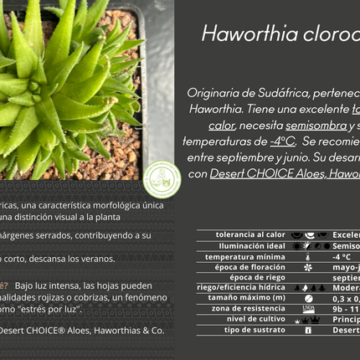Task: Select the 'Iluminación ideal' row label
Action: (x=252, y=246)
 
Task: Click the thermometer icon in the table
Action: (x=308, y=256)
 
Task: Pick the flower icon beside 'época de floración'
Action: (x=308, y=267)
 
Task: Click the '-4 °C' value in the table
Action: (x=342, y=256)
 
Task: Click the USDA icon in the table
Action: (x=308, y=309)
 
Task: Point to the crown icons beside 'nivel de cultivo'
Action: (x=308, y=319)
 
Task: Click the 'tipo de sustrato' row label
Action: (x=254, y=330)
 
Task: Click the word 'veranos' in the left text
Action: (x=94, y=258)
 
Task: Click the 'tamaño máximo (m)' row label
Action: (x=246, y=298)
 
